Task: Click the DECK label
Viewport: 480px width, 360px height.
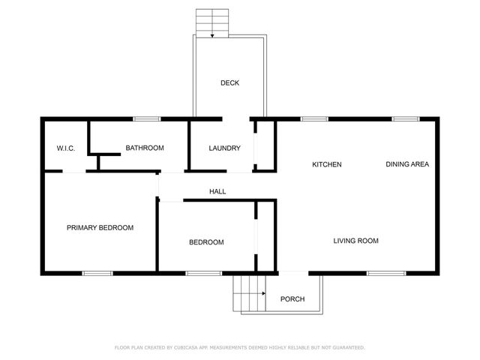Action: [x=229, y=83]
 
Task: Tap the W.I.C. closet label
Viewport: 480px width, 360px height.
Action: [x=65, y=148]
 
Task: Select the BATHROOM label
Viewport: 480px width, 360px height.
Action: [x=145, y=148]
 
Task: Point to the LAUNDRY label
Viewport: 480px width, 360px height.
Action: [x=224, y=148]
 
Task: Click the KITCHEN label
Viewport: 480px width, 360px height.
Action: [x=327, y=164]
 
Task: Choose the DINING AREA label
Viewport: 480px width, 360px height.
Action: [x=407, y=164]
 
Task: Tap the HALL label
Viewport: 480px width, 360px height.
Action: [x=217, y=192]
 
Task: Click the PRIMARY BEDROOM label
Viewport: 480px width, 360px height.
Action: [x=100, y=227]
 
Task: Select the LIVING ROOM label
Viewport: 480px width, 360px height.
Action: [x=355, y=241]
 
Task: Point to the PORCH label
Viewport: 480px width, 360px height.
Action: [x=292, y=299]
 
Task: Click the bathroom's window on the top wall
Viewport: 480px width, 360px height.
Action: [x=147, y=118]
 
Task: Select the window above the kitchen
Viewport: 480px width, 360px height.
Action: [x=313, y=118]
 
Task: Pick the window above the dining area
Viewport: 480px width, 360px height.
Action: [x=406, y=118]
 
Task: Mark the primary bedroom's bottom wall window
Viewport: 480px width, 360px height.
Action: [x=97, y=273]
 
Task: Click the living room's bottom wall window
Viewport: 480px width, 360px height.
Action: [x=381, y=273]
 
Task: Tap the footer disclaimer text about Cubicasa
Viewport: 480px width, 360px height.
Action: [x=239, y=347]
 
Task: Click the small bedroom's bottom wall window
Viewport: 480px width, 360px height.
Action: [x=198, y=273]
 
